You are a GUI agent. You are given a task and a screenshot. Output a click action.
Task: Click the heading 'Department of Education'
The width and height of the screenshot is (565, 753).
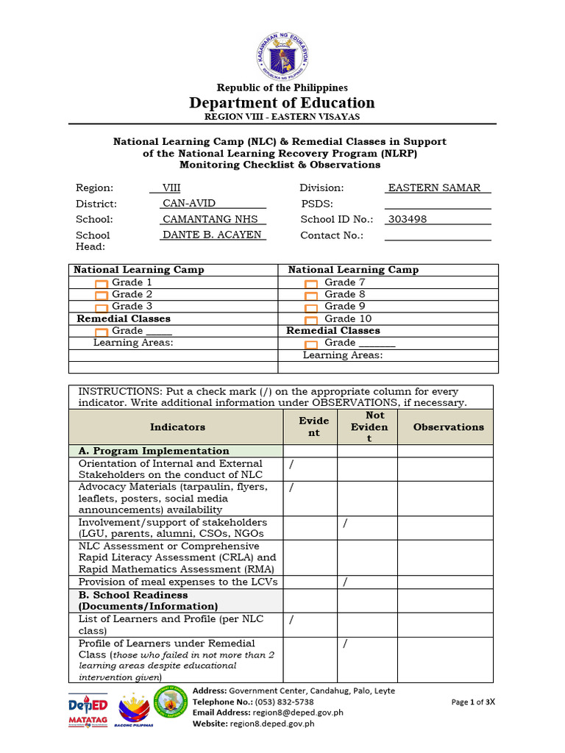coord(282,103)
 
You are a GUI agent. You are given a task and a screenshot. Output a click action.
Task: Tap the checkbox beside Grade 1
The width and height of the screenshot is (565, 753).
coord(102,283)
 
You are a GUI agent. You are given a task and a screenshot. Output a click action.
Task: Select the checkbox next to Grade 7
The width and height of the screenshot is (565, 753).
coord(311,283)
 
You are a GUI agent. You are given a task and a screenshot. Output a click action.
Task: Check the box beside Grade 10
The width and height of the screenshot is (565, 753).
coord(311,319)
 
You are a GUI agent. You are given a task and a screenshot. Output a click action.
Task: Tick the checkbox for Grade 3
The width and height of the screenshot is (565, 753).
coord(102,307)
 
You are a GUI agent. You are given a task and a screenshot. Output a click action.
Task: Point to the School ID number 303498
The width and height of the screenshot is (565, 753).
coord(408,219)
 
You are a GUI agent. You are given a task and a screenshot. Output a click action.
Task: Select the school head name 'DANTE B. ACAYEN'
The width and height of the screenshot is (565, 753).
coord(212,235)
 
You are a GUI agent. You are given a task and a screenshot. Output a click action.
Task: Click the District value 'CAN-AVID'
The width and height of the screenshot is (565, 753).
coord(189,204)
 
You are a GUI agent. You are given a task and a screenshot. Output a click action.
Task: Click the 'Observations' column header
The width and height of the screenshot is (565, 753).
coord(449,427)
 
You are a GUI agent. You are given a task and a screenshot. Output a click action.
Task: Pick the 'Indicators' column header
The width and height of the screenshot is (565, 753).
coord(177,427)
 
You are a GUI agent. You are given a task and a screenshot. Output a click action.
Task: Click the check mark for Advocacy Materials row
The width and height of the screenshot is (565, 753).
coord(292,488)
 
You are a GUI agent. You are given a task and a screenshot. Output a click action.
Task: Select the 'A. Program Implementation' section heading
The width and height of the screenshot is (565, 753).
coord(154,451)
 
